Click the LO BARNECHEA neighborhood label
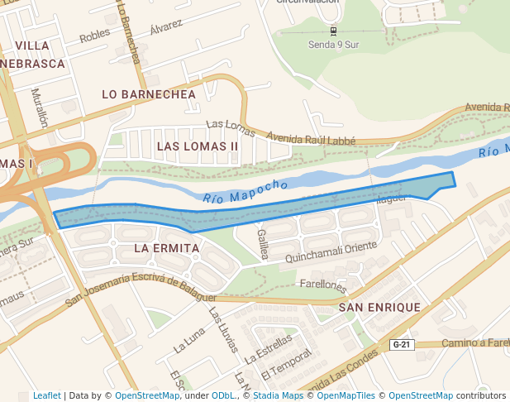(x=149, y=94)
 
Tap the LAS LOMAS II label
(x=198, y=146)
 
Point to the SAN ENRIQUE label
(x=379, y=307)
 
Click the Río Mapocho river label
(x=245, y=191)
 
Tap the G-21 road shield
(x=401, y=344)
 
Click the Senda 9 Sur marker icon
(x=333, y=31)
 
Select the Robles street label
(x=95, y=36)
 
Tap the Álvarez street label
(x=166, y=26)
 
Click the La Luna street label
(x=189, y=340)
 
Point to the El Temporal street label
(x=284, y=366)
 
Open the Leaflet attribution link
(x=47, y=395)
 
